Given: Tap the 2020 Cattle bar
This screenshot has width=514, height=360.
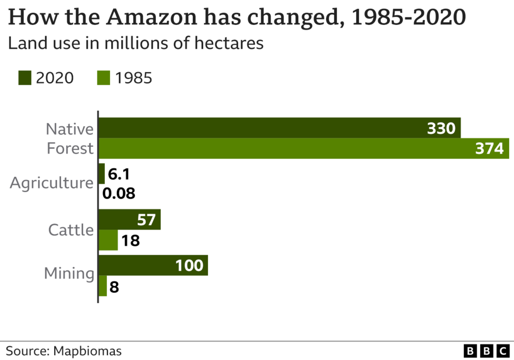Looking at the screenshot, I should pyautogui.click(x=129, y=219).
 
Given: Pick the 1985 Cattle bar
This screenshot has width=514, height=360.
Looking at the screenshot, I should pyautogui.click(x=108, y=241).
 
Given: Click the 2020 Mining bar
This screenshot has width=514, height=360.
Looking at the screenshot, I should pyautogui.click(x=153, y=265).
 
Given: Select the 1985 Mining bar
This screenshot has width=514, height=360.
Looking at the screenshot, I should pyautogui.click(x=103, y=286).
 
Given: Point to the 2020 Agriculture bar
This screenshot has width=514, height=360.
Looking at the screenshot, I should pyautogui.click(x=102, y=174).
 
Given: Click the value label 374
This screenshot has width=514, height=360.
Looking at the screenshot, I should pyautogui.click(x=489, y=149).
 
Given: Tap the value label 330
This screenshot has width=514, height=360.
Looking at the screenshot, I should pyautogui.click(x=441, y=128).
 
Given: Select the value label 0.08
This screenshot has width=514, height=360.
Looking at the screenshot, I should pyautogui.click(x=119, y=194).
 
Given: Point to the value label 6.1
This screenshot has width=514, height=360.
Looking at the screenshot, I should pyautogui.click(x=119, y=174).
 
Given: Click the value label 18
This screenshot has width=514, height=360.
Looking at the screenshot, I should pyautogui.click(x=130, y=241).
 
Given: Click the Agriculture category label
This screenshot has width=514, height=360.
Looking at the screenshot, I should pyautogui.click(x=52, y=183).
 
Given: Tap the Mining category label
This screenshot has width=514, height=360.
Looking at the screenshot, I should pyautogui.click(x=69, y=274).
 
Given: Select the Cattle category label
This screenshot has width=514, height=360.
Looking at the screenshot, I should pyautogui.click(x=71, y=230).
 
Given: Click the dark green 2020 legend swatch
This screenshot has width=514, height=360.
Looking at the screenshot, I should pyautogui.click(x=25, y=78).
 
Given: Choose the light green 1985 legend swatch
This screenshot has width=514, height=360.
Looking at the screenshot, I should pyautogui.click(x=103, y=78).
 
